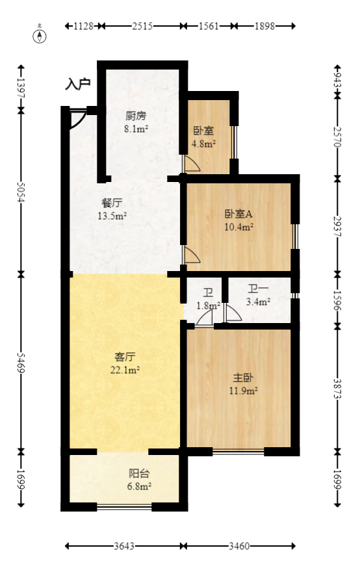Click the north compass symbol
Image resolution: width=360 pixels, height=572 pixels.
point(40,35)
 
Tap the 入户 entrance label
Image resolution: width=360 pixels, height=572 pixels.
point(78,84)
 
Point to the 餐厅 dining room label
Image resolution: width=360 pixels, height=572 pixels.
point(111,203)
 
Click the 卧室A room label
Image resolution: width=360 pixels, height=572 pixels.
point(238,214)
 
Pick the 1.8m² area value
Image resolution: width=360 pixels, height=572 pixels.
point(209,305)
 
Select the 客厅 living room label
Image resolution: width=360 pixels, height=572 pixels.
point(125,357)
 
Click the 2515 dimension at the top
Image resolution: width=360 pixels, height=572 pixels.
point(142,27)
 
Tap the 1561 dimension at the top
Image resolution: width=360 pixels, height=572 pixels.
point(208,27)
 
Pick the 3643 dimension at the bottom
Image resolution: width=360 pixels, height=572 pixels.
point(123,547)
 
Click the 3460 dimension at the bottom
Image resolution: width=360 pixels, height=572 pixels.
point(238,547)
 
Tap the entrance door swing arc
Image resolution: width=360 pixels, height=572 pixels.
point(77,120)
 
